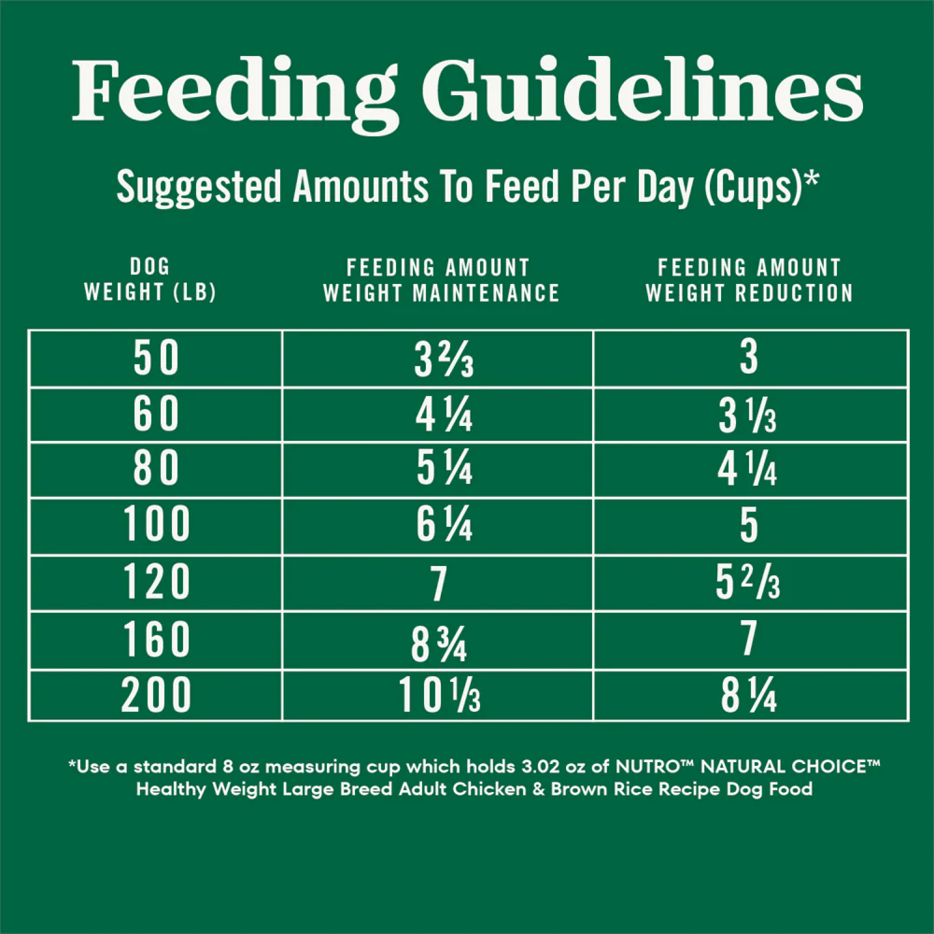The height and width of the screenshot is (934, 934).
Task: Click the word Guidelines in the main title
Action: (x=643, y=90)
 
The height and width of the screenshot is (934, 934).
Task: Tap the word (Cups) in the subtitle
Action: (x=754, y=187)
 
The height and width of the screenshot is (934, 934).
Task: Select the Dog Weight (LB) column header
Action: (x=150, y=278)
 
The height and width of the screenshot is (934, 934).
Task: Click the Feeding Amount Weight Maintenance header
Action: (x=441, y=280)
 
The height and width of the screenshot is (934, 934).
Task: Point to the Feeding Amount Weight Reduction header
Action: (x=749, y=280)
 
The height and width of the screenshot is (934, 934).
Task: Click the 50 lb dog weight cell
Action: (x=155, y=358)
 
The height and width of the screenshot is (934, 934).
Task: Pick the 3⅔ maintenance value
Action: (x=444, y=360)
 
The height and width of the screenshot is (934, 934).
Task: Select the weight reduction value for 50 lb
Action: (x=749, y=356)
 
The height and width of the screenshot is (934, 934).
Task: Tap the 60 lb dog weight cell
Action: (x=155, y=413)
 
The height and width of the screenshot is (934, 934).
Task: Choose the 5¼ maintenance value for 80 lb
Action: (x=445, y=468)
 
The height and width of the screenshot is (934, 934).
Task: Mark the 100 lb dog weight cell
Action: (x=156, y=524)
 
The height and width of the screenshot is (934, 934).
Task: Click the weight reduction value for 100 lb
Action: (x=749, y=525)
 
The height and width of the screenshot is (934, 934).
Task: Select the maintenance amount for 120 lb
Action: (x=439, y=584)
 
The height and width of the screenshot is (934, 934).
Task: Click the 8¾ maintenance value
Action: (x=439, y=644)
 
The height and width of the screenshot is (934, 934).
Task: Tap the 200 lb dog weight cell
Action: (x=155, y=695)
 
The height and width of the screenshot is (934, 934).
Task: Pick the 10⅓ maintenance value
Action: (x=440, y=694)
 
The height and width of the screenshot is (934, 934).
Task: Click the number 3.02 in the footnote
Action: (x=541, y=766)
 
